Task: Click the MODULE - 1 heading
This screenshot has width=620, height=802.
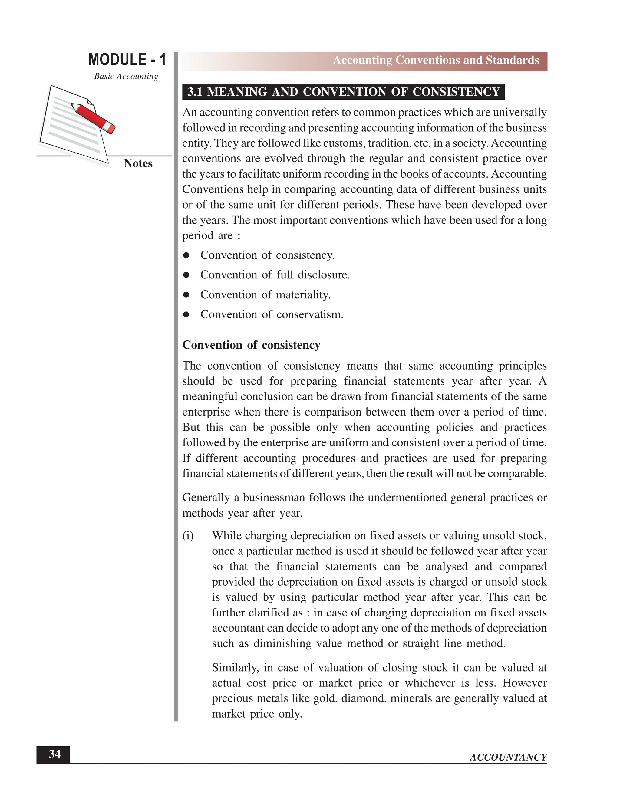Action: (x=127, y=60)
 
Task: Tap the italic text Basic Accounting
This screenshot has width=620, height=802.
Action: (x=126, y=76)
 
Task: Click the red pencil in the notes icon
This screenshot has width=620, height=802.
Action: (x=94, y=118)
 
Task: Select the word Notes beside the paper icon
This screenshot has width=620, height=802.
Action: (x=138, y=163)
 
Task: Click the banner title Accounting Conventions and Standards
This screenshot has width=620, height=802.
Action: (x=436, y=60)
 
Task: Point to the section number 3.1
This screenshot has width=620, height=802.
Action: (x=195, y=92)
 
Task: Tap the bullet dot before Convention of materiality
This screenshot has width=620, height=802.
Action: (x=186, y=295)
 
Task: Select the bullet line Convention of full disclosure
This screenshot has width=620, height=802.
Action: (x=275, y=275)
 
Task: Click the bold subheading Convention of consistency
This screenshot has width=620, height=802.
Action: (x=251, y=345)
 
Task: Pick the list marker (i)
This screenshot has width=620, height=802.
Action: (x=188, y=536)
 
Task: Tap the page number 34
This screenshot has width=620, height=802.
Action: (x=54, y=754)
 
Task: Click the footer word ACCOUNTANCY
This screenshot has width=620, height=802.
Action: (x=508, y=757)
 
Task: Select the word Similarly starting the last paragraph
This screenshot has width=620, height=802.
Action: (x=235, y=668)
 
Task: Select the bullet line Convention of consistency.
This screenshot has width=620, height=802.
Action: (x=267, y=255)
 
